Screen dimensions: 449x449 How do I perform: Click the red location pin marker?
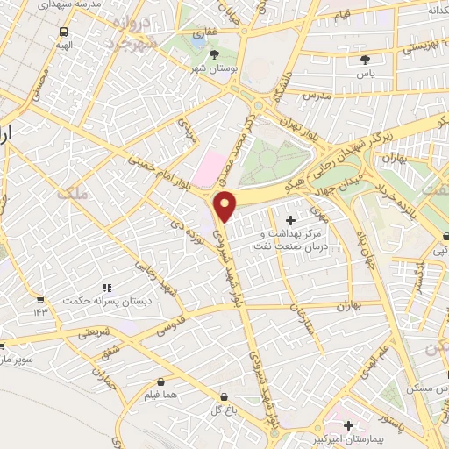click(225, 205)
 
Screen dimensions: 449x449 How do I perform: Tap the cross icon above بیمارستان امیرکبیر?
click(349, 425)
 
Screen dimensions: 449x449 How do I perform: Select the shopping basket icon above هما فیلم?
click(161, 382)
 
